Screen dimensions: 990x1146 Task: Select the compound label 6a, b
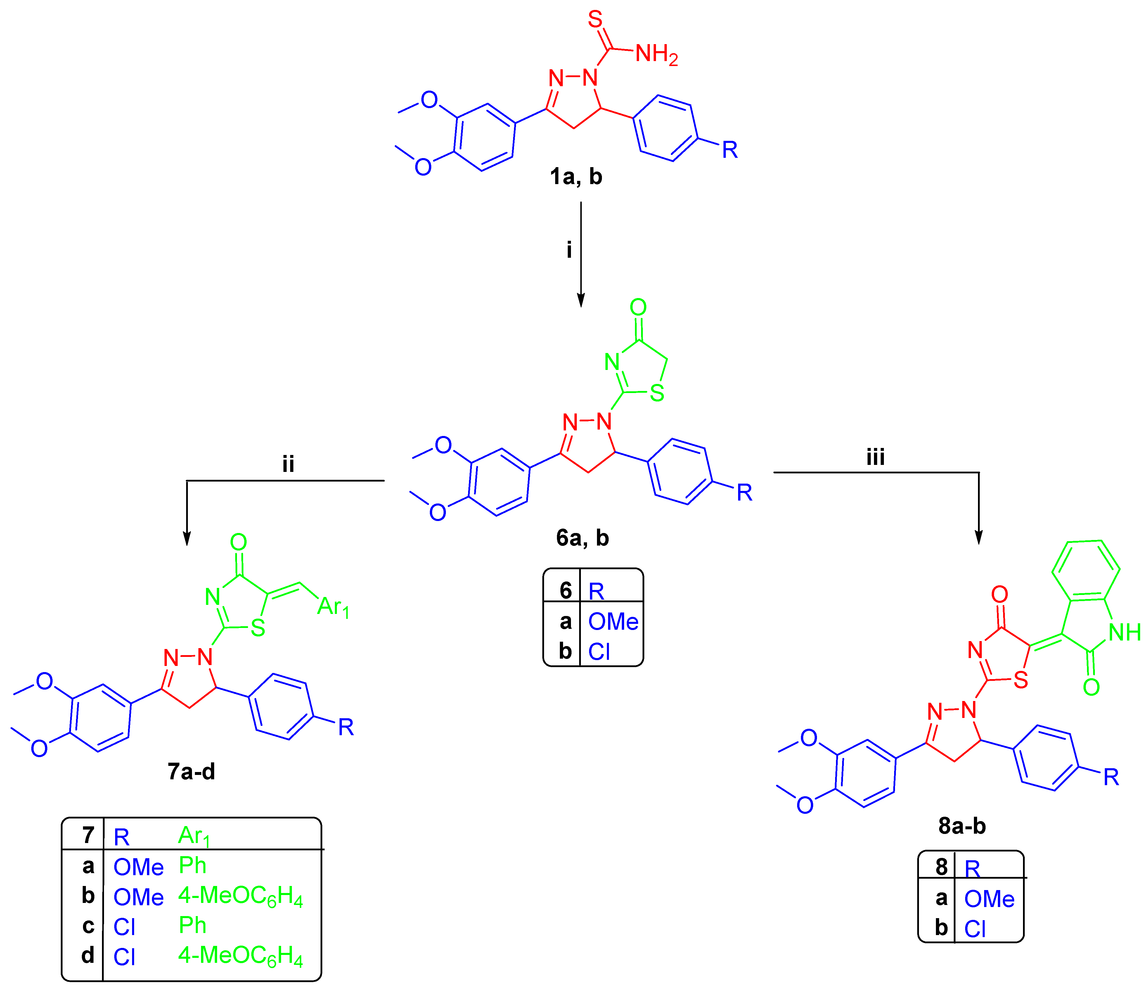click(x=582, y=538)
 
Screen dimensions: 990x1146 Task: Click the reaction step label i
click(x=569, y=250)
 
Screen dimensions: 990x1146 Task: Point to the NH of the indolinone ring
click(x=1124, y=632)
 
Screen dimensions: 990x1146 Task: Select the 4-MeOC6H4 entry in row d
click(x=240, y=956)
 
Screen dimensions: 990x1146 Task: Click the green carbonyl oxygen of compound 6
click(x=638, y=307)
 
